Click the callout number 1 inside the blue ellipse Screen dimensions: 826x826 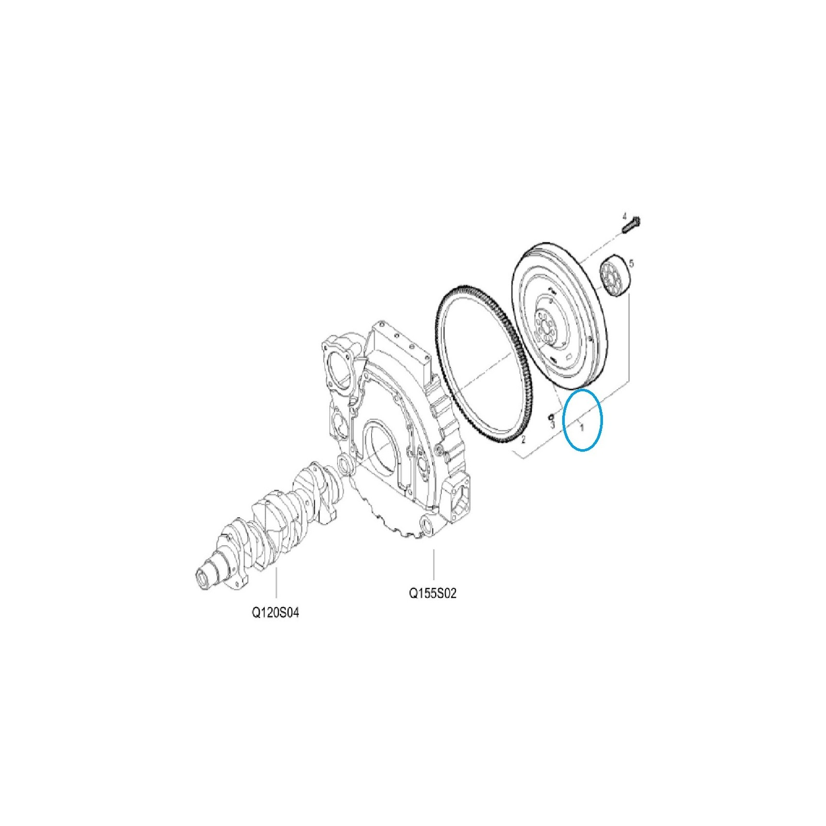582,427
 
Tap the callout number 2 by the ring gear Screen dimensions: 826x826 522,439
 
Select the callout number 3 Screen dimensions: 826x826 552,424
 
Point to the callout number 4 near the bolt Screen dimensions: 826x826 624,215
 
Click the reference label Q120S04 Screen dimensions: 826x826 275,612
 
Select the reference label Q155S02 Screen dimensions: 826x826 433,593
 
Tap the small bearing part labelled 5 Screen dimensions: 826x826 614,277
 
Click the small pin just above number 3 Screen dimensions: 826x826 550,415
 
